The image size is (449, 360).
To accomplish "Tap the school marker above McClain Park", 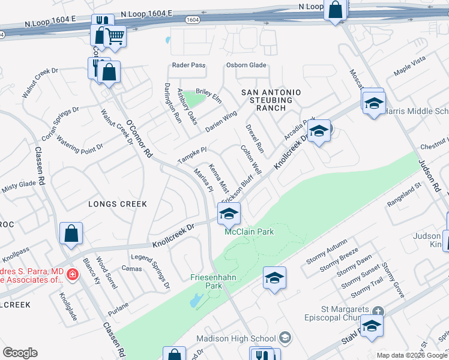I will click(229, 213).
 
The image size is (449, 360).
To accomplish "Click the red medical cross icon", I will click(72, 274).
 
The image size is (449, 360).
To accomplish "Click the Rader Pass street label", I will click(188, 65).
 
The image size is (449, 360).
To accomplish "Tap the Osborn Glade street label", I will click(246, 65).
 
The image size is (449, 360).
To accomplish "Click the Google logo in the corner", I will click(20, 353).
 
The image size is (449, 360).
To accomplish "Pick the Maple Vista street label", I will click(409, 65).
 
